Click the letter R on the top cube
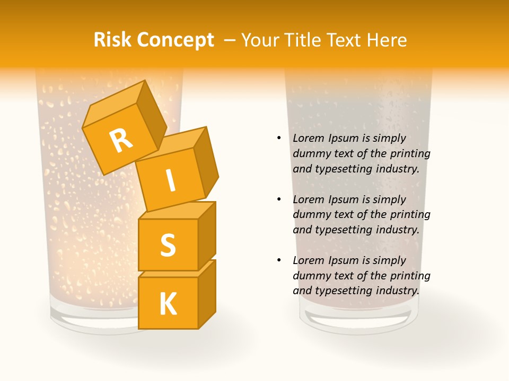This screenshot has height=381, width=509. (121, 140)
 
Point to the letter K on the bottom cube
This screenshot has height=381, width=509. (168, 304)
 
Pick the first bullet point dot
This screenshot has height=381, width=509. (279, 138)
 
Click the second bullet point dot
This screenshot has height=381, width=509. (279, 199)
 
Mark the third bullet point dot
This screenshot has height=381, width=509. (279, 260)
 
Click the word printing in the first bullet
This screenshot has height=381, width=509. (410, 154)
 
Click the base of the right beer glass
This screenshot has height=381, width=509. (357, 320)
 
